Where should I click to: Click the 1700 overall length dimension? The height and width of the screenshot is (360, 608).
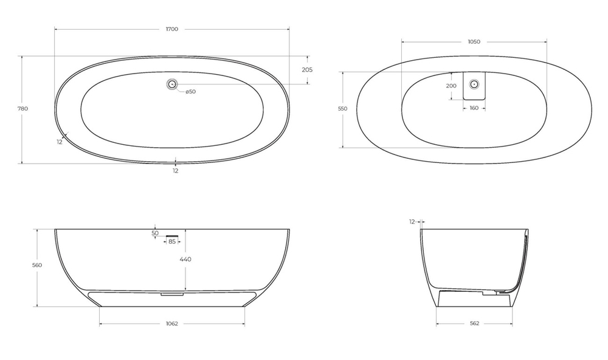coord(171,29)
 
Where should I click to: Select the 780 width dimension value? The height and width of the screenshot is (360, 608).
coord(23,109)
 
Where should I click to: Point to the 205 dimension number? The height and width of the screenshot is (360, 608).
coord(307,70)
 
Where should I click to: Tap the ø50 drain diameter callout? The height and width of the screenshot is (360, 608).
coord(190,92)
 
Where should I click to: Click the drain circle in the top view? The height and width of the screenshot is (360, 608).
coord(172,85)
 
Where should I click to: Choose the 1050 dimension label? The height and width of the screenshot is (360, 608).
coord(474,42)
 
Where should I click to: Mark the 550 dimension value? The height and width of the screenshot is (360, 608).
coord(342,109)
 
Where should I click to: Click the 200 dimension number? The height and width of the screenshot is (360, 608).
coord(451,86)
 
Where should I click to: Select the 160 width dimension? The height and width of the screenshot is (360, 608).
coord(474,108)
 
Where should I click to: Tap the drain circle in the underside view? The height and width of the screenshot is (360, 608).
coord(474,84)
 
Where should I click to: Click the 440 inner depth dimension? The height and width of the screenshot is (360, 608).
coord(185,260)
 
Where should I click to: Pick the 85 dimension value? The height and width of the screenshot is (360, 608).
coord(172,242)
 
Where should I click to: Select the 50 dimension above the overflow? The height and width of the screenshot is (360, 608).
coord(155,233)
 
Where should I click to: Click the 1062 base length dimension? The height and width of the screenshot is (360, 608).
coord(171,324)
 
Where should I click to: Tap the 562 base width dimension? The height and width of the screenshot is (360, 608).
coord(474,324)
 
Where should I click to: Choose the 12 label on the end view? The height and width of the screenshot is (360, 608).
coord(412,222)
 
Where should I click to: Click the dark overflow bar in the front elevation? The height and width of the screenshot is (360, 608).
coord(172,234)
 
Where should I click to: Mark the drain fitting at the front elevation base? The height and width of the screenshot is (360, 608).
coord(172,294)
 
